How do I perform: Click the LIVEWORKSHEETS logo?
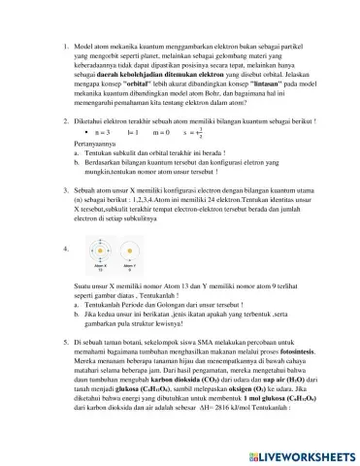click(297, 453)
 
